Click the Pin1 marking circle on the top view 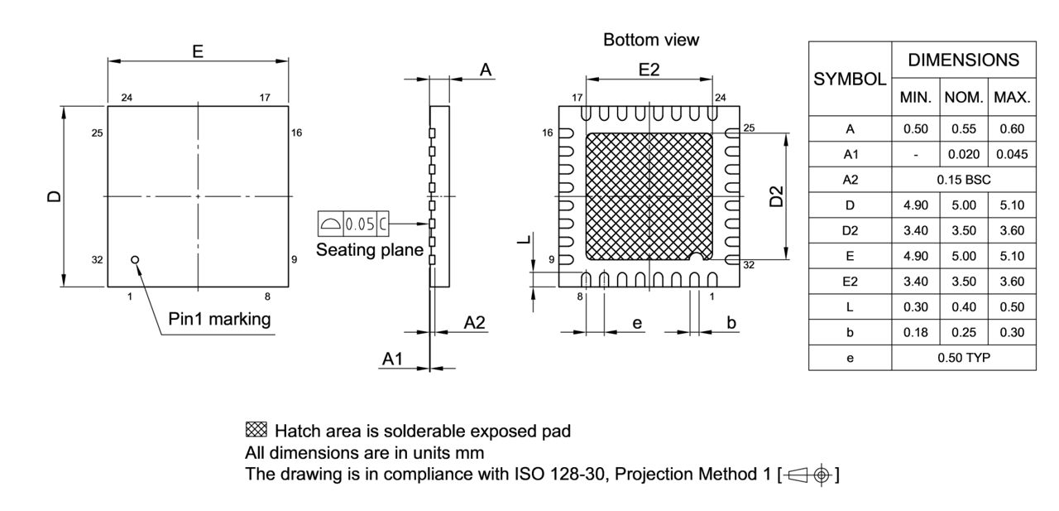(136, 259)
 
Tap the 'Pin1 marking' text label (219, 319)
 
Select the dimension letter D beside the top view (54, 196)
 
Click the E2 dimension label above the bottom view (649, 70)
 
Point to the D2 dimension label (775, 198)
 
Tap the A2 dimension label (474, 322)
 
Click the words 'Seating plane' (369, 249)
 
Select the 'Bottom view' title (651, 40)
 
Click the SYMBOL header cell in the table (850, 80)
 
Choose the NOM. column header (964, 97)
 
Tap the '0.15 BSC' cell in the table (964, 179)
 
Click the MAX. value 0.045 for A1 (1012, 154)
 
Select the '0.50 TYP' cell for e (964, 357)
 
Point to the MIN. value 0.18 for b (916, 332)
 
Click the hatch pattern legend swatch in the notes (256, 430)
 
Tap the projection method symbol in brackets (808, 475)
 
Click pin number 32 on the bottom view (749, 265)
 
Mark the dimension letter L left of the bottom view (521, 240)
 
